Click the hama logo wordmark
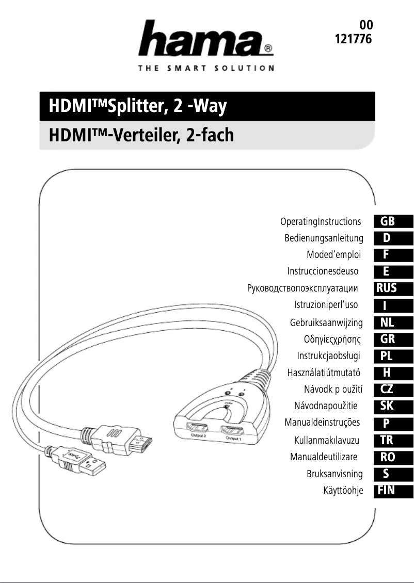click(205, 38)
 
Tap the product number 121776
click(353, 39)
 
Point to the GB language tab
click(393, 221)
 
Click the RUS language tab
click(393, 288)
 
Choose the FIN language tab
click(393, 491)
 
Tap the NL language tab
click(393, 322)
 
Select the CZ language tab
click(393, 390)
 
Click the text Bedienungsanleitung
click(324, 238)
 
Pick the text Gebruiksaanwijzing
click(326, 322)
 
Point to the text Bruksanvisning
click(335, 474)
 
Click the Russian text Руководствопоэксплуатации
click(302, 288)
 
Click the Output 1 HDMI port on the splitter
click(232, 431)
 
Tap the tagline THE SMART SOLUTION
click(205, 68)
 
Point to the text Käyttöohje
click(343, 491)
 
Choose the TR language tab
click(393, 440)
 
